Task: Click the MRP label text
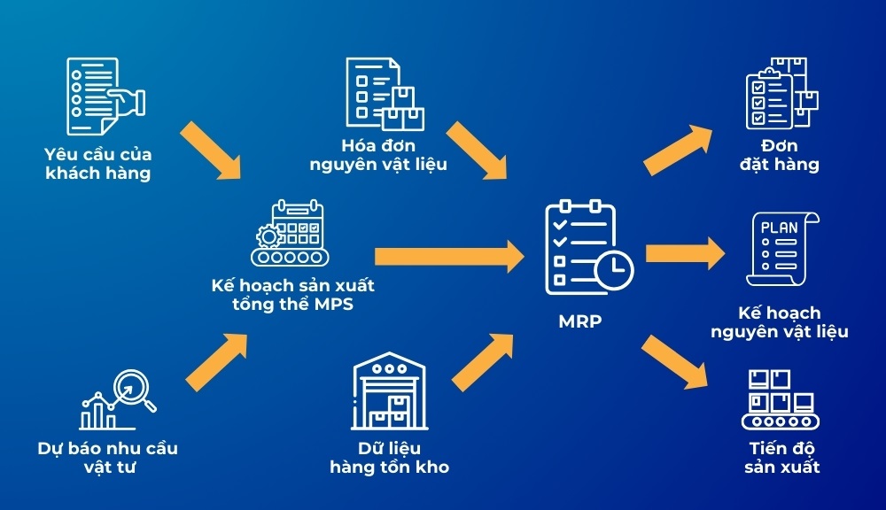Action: [579, 321]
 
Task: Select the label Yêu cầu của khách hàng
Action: [97, 163]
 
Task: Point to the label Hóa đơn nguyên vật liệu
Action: [378, 154]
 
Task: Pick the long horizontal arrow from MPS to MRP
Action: [448, 257]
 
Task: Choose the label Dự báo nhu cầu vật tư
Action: [107, 456]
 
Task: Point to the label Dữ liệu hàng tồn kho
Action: [389, 457]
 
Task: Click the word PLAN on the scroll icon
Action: [780, 228]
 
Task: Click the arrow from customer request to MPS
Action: [211, 147]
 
